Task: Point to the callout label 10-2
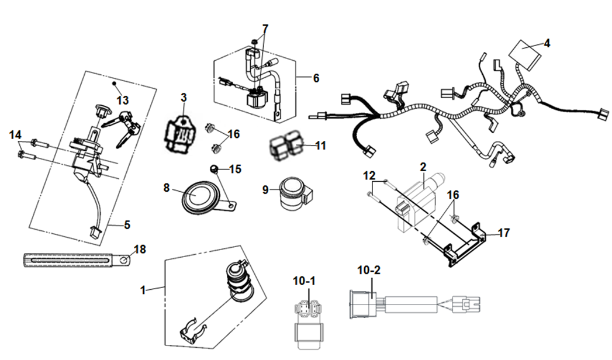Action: click(369, 270)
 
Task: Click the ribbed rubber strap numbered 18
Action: click(70, 258)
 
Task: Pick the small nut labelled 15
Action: click(215, 169)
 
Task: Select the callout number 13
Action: click(122, 101)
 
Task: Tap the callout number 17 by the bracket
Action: click(504, 233)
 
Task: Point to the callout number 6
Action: click(316, 78)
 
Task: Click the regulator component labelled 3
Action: click(178, 133)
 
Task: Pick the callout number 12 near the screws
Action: click(369, 175)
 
